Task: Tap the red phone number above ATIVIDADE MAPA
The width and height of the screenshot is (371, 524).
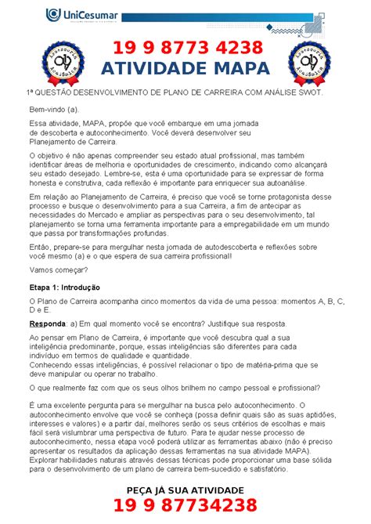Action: click(x=186, y=49)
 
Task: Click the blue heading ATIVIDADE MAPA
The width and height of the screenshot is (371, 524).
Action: click(x=185, y=69)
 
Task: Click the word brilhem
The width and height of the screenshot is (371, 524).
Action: click(x=182, y=388)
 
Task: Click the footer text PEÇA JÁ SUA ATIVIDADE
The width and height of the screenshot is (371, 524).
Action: click(x=185, y=490)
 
